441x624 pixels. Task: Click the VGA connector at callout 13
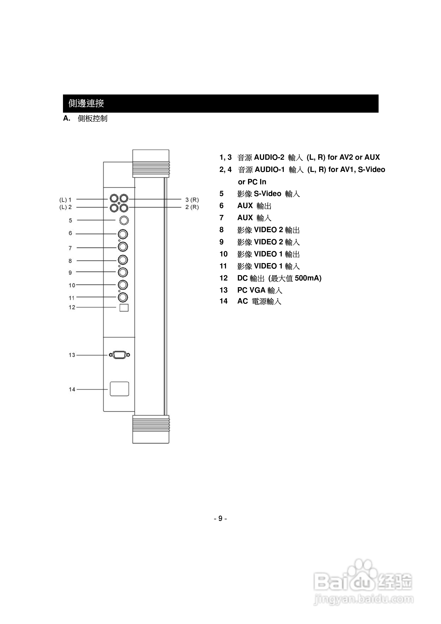[x=119, y=355]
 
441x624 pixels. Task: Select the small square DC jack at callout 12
[x=124, y=308]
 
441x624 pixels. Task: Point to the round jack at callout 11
[x=123, y=297]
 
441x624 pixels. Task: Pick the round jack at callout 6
[x=123, y=234]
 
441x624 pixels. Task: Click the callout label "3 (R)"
[x=192, y=200]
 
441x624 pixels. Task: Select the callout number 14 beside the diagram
[x=72, y=389]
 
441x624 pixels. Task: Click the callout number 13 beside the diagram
[x=72, y=355]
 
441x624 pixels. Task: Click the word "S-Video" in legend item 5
[x=267, y=194]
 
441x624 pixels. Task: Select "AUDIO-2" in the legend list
[x=269, y=157]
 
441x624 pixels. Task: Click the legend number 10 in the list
[x=223, y=254]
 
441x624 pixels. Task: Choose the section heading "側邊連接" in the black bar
[x=86, y=103]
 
